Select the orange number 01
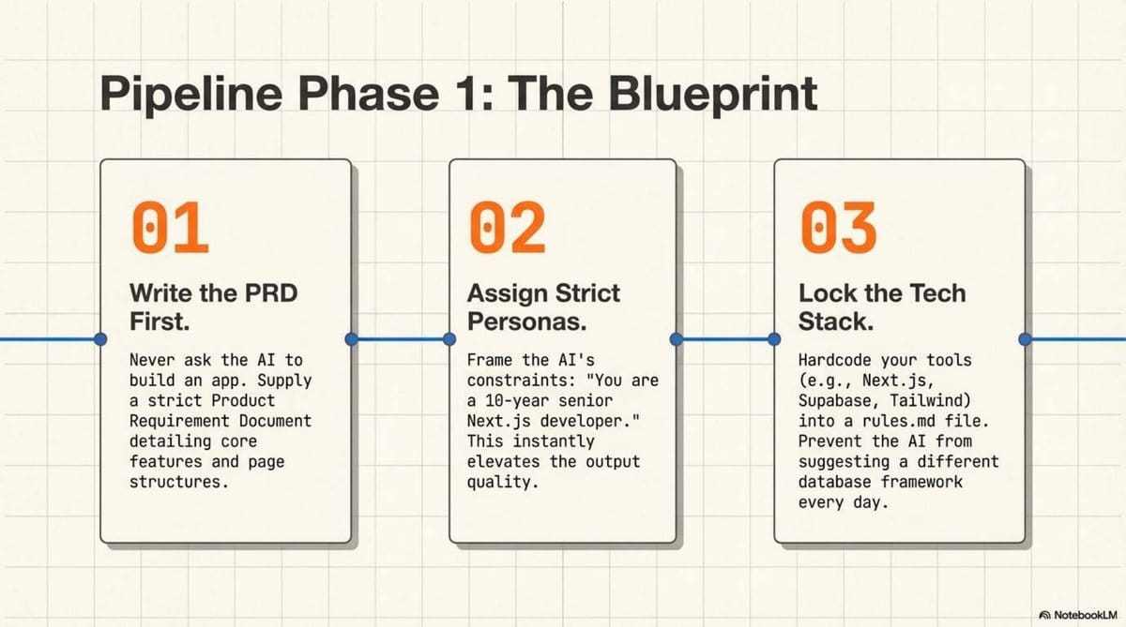(x=170, y=228)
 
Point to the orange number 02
(x=507, y=228)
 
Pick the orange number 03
(x=838, y=228)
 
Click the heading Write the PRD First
(x=213, y=307)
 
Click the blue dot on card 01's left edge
(x=101, y=338)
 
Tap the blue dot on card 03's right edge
(x=1025, y=338)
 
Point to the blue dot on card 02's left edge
(x=449, y=338)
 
